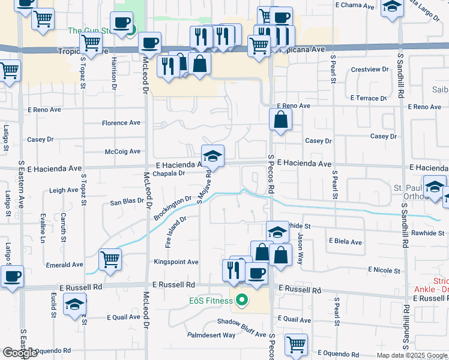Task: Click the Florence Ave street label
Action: (121, 123)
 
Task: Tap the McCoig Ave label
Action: (122, 152)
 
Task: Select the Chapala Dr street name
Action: (168, 174)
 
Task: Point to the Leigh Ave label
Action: (64, 190)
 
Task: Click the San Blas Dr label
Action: (127, 202)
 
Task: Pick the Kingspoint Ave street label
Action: (176, 262)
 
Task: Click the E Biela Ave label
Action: (345, 242)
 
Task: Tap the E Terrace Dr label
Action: (369, 98)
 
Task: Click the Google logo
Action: (20, 353)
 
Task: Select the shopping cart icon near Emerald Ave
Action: (110, 259)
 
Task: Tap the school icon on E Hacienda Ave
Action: (212, 157)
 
